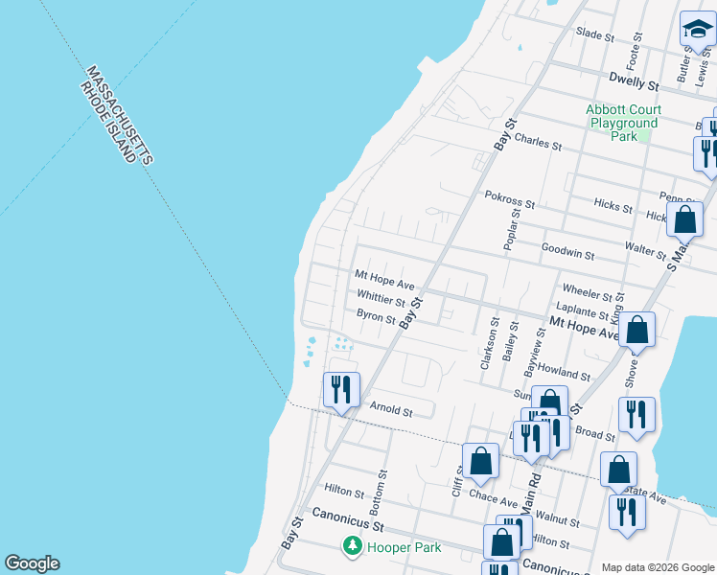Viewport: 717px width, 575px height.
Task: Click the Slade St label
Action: [594, 34]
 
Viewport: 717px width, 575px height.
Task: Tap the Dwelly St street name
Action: [635, 84]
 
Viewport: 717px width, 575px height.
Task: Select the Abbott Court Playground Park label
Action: [624, 123]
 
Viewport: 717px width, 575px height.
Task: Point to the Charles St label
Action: [538, 142]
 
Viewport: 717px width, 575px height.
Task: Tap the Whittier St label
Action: [382, 300]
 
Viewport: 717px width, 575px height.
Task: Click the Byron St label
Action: [376, 315]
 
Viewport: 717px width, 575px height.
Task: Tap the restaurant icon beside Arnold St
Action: [341, 389]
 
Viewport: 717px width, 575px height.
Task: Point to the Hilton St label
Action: [344, 492]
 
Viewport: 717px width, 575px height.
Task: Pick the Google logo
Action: [32, 563]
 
